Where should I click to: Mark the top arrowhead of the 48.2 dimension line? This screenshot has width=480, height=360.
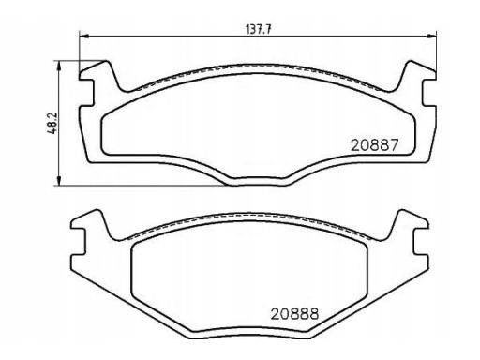pos(61,63)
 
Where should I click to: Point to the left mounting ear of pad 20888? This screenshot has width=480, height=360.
pos(91,233)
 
